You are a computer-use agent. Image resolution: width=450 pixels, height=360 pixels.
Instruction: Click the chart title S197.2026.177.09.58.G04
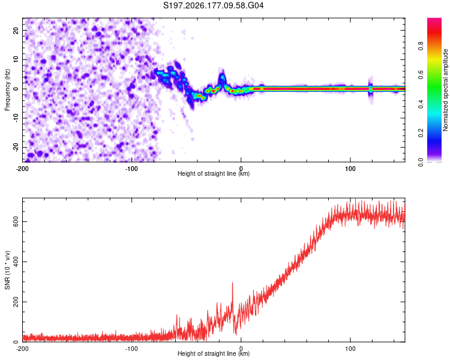(x=213, y=5)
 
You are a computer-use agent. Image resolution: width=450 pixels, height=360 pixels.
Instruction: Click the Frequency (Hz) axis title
(x=7, y=90)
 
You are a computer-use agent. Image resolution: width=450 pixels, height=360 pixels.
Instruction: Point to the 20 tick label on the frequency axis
(x=16, y=30)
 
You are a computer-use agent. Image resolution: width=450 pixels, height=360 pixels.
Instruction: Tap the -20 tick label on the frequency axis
(x=16, y=148)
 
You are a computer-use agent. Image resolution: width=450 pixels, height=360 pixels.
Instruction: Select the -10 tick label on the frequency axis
(x=16, y=118)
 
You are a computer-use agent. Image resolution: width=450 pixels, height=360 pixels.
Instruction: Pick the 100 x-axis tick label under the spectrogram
(x=350, y=169)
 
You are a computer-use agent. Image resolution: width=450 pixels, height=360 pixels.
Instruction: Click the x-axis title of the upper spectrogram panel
(x=214, y=173)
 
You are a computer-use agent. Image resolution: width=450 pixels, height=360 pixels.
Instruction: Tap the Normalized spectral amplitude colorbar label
(x=445, y=90)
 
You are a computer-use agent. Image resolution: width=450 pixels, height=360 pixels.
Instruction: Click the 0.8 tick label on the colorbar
(x=421, y=46)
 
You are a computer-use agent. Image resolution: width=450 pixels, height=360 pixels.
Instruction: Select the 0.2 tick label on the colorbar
(x=421, y=133)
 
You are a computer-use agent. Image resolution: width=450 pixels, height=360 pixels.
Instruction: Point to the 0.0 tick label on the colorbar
(x=421, y=162)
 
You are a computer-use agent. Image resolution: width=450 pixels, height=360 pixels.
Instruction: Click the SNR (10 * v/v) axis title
(x=7, y=270)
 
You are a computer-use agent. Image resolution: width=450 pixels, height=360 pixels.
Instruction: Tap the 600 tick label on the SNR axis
(x=16, y=221)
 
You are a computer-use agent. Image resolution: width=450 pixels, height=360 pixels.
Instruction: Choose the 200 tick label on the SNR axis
(x=16, y=302)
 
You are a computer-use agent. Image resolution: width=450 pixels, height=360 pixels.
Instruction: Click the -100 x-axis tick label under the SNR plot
(x=131, y=349)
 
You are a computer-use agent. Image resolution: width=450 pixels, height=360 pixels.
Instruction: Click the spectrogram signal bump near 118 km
(x=371, y=89)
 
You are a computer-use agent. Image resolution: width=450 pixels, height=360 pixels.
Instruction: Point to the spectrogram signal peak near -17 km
(x=222, y=77)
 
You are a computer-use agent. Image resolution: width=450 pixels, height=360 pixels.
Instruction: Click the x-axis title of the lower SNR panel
(x=214, y=353)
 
